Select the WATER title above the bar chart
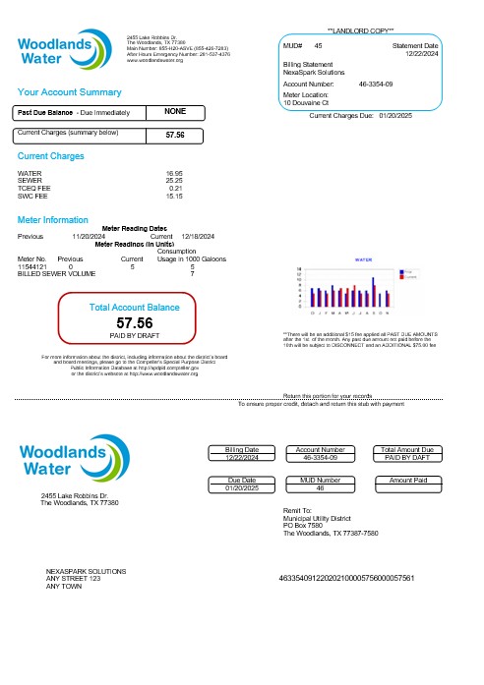pos(362,259)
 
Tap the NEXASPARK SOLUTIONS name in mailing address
pos(87,571)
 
